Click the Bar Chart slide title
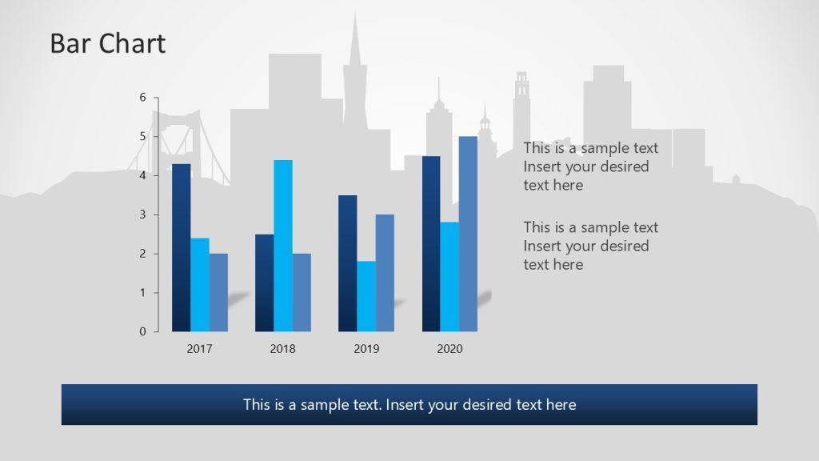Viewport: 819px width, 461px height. point(107,43)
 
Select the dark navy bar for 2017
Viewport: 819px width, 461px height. point(182,248)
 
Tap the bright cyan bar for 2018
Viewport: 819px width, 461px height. point(283,246)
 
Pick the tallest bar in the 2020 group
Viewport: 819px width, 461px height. point(468,234)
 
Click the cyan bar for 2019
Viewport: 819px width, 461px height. point(366,296)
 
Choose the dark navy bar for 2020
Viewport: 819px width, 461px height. point(431,244)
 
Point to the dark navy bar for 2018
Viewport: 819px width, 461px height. point(265,283)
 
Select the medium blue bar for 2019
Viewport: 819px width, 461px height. point(385,273)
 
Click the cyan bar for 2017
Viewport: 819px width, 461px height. point(200,285)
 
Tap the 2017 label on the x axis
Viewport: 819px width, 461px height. point(200,349)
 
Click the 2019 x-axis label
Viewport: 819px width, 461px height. point(366,349)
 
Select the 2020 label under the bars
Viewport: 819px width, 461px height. point(449,349)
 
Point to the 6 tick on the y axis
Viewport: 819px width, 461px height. point(143,98)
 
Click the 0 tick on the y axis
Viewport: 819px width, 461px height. point(143,331)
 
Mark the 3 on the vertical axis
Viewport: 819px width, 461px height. point(143,214)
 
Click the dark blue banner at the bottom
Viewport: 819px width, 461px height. point(409,404)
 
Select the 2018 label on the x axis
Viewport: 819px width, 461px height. point(283,349)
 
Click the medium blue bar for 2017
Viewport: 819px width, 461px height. point(218,292)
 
